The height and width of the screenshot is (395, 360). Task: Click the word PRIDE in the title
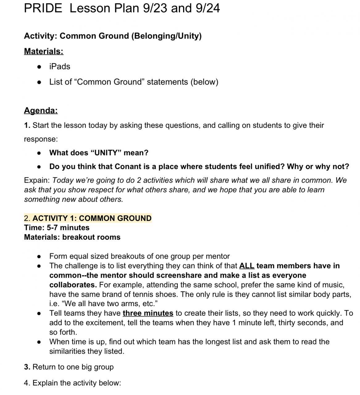[43, 8]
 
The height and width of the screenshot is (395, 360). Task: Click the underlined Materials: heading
[44, 51]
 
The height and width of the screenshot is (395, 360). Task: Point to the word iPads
[60, 67]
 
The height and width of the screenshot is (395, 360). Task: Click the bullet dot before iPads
[39, 67]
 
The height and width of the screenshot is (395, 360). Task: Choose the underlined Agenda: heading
[41, 110]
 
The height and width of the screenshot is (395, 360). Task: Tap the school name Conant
[128, 167]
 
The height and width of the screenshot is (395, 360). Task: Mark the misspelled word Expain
[37, 181]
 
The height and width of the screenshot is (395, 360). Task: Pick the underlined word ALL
[247, 266]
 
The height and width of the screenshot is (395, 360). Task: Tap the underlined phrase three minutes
[148, 314]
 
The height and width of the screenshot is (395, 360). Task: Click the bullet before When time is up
[39, 342]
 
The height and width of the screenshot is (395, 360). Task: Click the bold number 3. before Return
[27, 367]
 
